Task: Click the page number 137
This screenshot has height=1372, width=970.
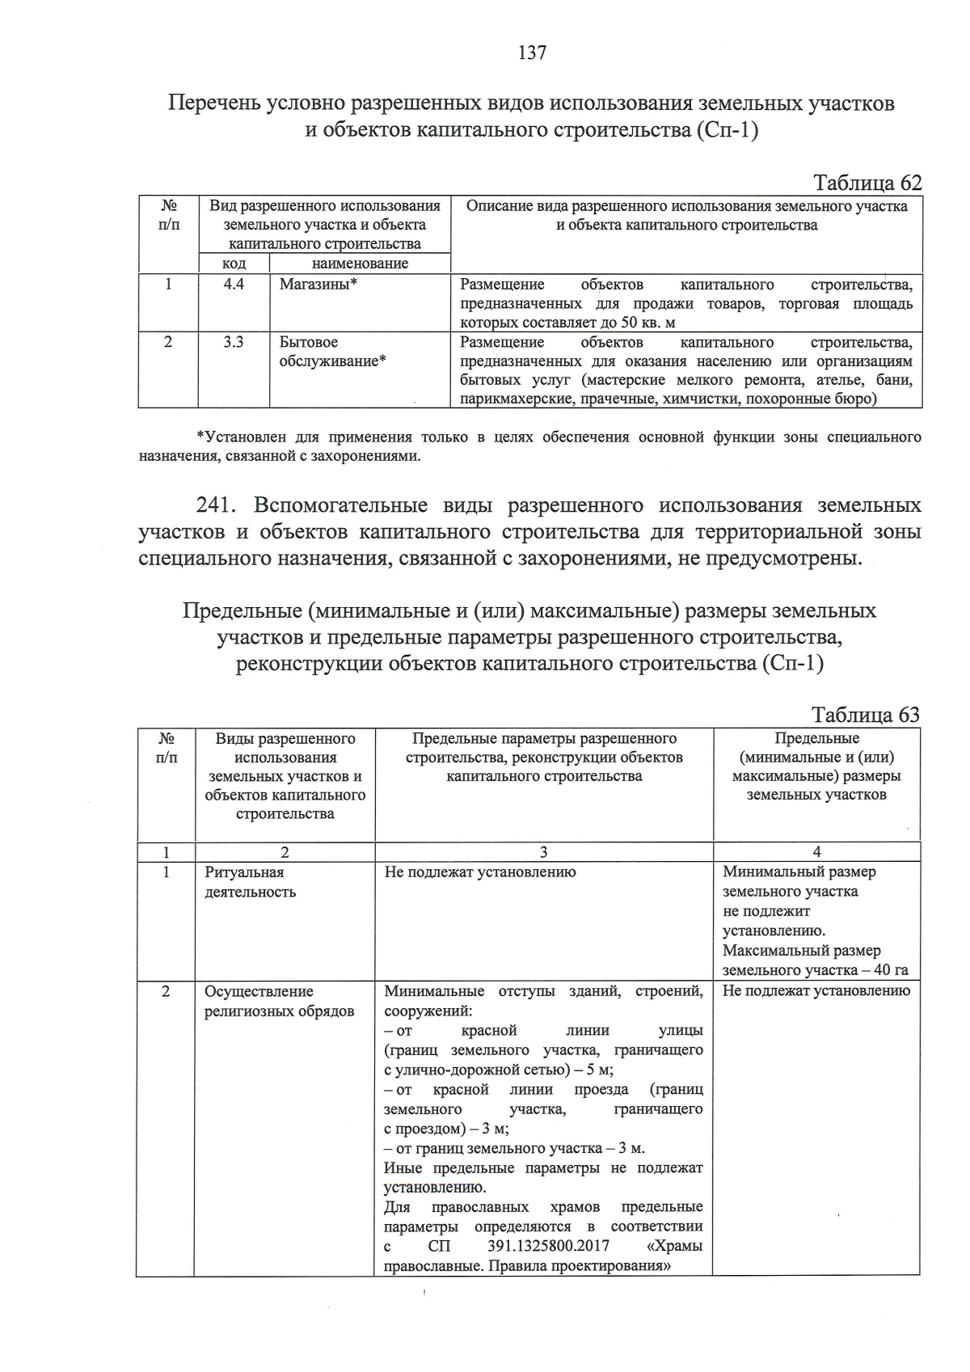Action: pyautogui.click(x=532, y=53)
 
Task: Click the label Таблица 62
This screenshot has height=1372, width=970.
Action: pyautogui.click(x=867, y=183)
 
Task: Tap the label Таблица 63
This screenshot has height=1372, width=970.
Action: pyautogui.click(x=865, y=715)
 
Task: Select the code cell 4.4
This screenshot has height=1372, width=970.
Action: pyautogui.click(x=234, y=285)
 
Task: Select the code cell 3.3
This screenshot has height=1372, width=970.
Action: pyautogui.click(x=234, y=343)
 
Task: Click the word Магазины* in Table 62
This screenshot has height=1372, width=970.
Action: pyautogui.click(x=318, y=285)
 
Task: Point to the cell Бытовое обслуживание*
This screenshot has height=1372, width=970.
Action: pyautogui.click(x=332, y=352)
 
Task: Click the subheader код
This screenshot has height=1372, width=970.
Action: pyautogui.click(x=234, y=264)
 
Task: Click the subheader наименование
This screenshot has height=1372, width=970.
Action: pyautogui.click(x=360, y=264)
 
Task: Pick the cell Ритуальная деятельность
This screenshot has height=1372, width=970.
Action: pyautogui.click(x=250, y=882)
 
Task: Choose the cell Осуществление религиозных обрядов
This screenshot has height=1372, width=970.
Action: pyautogui.click(x=279, y=1001)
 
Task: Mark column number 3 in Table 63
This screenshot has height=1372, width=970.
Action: pyautogui.click(x=543, y=851)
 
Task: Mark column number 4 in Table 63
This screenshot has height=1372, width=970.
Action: pyautogui.click(x=816, y=851)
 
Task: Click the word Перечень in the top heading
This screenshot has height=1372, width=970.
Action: pyautogui.click(x=213, y=103)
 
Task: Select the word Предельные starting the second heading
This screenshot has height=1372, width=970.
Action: pyautogui.click(x=242, y=610)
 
